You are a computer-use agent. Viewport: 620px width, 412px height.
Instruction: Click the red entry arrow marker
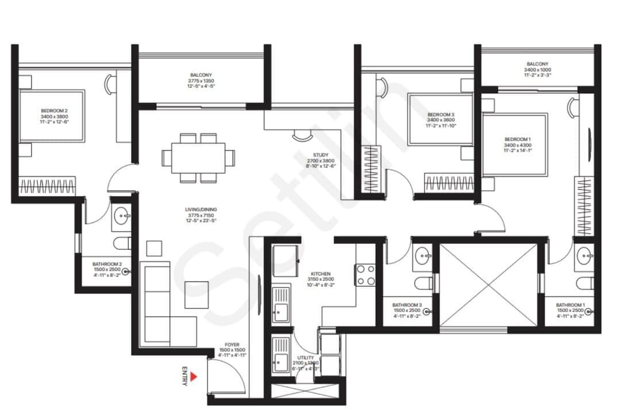(x=194, y=376)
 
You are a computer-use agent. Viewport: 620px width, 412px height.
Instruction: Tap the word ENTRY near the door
(x=184, y=376)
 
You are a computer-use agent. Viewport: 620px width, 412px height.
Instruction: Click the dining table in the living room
(x=198, y=157)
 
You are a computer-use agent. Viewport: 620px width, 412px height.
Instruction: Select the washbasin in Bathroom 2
(x=122, y=217)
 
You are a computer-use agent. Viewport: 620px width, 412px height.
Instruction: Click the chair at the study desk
(x=301, y=136)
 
